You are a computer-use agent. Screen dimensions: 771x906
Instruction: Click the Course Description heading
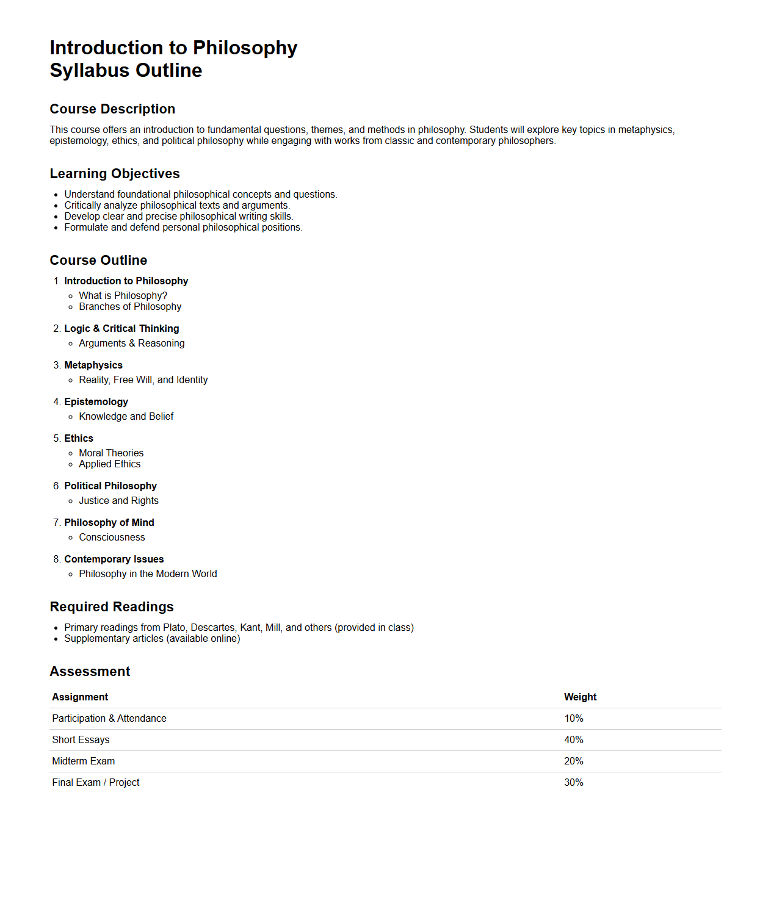click(112, 109)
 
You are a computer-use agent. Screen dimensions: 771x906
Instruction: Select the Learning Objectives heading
click(115, 174)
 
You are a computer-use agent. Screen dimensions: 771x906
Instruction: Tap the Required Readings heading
click(112, 607)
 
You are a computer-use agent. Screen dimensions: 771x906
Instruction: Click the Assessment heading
click(90, 672)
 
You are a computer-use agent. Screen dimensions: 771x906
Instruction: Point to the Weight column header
click(580, 697)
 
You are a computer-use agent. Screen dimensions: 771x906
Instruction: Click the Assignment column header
click(80, 697)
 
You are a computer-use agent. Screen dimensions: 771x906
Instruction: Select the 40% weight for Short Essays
click(573, 740)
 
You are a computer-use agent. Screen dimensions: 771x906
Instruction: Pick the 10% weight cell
click(573, 719)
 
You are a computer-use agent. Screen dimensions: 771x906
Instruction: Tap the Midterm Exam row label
click(83, 761)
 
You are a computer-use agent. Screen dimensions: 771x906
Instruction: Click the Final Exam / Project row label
click(95, 783)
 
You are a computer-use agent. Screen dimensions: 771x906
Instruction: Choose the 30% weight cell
click(573, 783)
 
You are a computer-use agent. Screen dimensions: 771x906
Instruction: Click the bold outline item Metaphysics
click(93, 365)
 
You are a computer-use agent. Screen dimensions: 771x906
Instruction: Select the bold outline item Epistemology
click(96, 402)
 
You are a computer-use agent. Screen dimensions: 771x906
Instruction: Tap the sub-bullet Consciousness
click(112, 537)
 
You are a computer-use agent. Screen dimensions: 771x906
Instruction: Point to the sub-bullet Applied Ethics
click(109, 464)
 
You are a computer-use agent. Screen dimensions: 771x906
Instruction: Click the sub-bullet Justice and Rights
click(118, 501)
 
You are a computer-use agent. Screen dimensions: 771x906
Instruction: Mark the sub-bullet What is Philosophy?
click(123, 296)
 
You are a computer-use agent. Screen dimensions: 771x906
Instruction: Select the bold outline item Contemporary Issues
click(114, 559)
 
